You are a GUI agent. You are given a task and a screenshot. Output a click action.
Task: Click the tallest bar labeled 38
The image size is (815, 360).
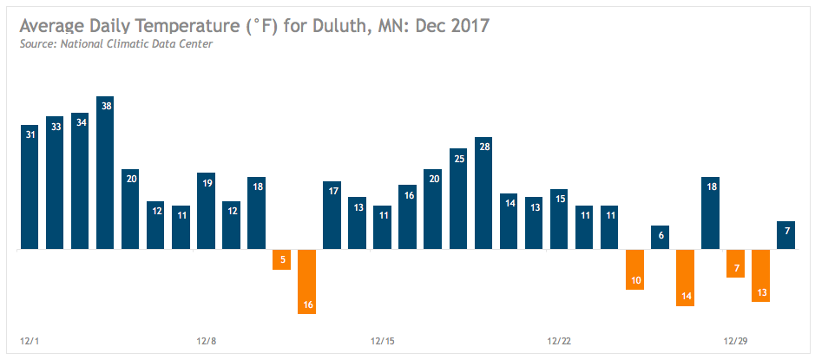click(x=105, y=173)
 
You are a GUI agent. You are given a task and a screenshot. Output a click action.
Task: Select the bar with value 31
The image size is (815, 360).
click(x=30, y=187)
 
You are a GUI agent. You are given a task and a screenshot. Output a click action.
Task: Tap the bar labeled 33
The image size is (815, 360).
click(x=55, y=182)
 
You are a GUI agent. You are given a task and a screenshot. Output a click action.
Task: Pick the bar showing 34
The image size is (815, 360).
click(x=80, y=180)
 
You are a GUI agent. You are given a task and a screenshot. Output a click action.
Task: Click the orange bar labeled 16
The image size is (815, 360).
click(x=306, y=281)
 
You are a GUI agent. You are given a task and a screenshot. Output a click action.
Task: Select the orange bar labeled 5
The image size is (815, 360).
click(x=281, y=259)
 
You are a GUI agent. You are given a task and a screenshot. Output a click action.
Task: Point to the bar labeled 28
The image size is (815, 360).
click(x=483, y=193)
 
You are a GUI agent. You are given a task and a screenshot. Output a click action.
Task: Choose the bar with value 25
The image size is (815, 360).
click(x=458, y=199)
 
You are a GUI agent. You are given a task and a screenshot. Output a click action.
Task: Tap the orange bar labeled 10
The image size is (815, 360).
click(x=635, y=269)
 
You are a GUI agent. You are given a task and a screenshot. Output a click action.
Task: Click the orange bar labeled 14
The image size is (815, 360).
click(x=686, y=278)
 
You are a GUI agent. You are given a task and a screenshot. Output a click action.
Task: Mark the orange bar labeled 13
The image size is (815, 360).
click(x=761, y=275)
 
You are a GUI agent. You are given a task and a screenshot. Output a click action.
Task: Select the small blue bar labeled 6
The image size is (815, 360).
click(x=661, y=237)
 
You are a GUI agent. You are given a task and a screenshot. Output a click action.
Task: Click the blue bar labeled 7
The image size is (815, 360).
click(x=786, y=235)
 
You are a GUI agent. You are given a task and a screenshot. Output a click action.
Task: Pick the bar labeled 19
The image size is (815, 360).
click(x=206, y=211)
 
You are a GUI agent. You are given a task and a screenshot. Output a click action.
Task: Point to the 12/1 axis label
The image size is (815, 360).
click(x=30, y=340)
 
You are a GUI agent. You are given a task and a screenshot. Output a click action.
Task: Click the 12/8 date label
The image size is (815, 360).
click(x=206, y=340)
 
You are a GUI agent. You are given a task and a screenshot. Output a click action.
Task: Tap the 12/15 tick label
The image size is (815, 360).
click(x=383, y=340)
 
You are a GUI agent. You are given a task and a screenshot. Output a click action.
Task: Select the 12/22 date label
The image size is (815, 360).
click(x=559, y=340)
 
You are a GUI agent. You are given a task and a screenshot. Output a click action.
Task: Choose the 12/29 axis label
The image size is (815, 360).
click(x=736, y=340)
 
